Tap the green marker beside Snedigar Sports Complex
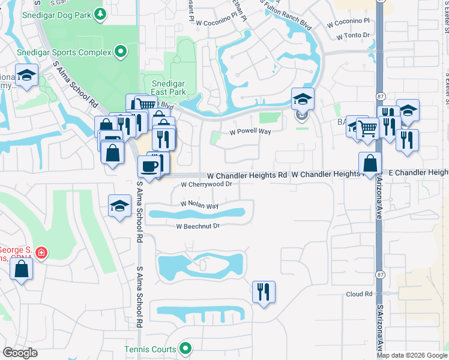click(120, 52)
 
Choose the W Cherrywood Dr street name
click(206, 185)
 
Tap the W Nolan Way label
click(200, 206)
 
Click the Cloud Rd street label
click(359, 294)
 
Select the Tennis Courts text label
click(150, 349)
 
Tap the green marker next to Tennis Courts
click(186, 348)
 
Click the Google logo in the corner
click(20, 353)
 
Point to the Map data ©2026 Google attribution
click(412, 355)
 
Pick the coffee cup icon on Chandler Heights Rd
click(149, 166)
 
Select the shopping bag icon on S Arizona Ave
click(370, 163)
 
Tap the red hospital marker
click(41, 253)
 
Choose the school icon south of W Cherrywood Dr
click(119, 206)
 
